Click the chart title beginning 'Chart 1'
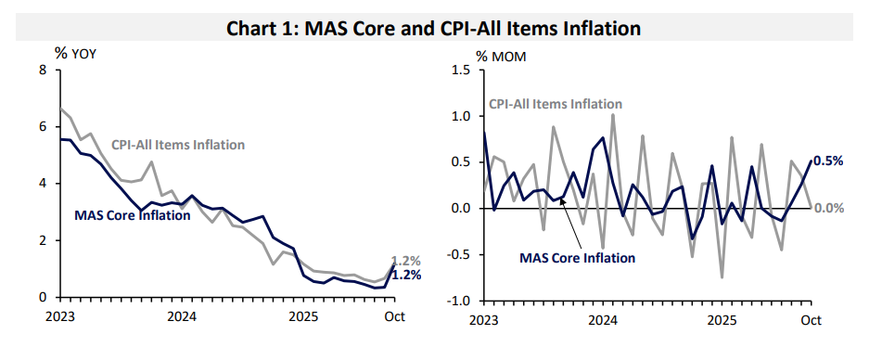pyautogui.click(x=434, y=28)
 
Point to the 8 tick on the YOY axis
pyautogui.click(x=43, y=70)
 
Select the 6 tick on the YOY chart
pyautogui.click(x=43, y=126)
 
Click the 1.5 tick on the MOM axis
pyautogui.click(x=462, y=70)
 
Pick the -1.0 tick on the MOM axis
pyautogui.click(x=460, y=300)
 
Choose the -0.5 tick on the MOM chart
pyautogui.click(x=460, y=253)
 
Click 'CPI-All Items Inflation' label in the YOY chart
pyautogui.click(x=178, y=145)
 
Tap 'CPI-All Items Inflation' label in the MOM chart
pyautogui.click(x=555, y=104)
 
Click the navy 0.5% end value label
pyautogui.click(x=828, y=161)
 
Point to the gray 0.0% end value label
pyautogui.click(x=828, y=208)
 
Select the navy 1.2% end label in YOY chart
pyautogui.click(x=406, y=275)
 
